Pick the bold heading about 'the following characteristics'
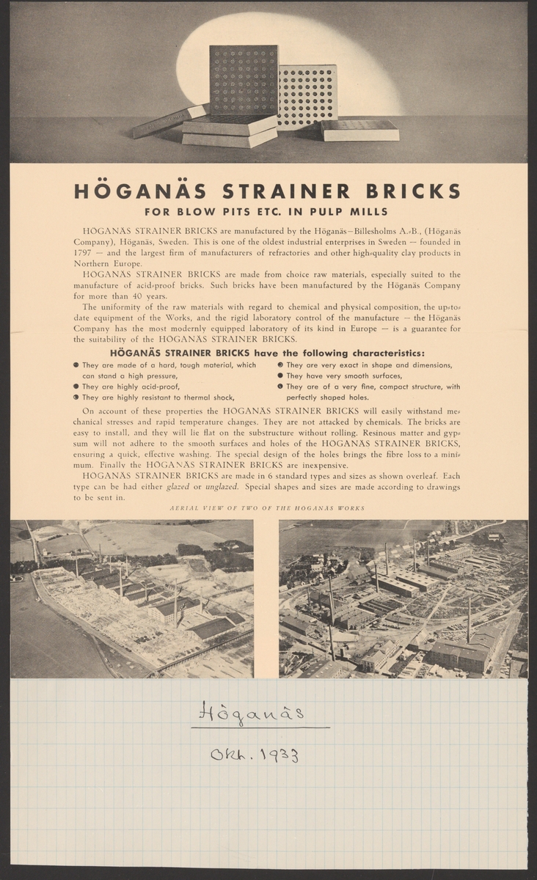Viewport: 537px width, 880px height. click(268, 352)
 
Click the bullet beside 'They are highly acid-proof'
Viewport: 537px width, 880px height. click(76, 386)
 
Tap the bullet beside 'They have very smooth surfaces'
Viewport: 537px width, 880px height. click(280, 375)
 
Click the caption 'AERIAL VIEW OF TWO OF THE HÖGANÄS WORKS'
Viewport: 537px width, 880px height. click(268, 508)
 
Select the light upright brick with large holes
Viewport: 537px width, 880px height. click(307, 96)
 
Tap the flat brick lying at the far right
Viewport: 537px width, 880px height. click(360, 130)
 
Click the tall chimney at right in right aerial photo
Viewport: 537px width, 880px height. click(469, 620)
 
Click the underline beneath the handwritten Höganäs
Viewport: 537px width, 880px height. click(260, 727)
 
